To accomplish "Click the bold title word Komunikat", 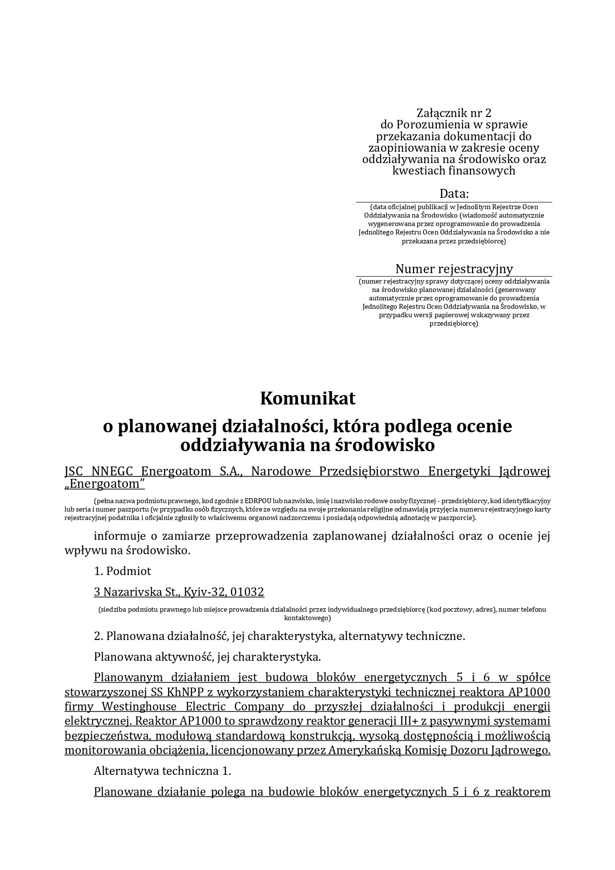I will (x=307, y=398).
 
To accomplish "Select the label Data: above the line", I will (x=454, y=193).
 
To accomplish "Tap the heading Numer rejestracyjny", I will (x=454, y=269).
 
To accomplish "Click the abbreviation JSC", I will (x=74, y=471).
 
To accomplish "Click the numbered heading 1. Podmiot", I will (x=123, y=571).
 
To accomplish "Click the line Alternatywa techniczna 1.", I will (x=163, y=771).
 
